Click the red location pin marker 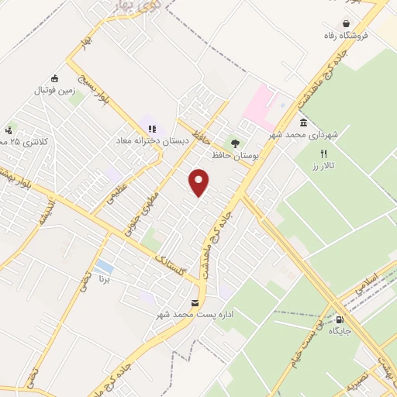coord(200,183)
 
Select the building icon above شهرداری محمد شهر coord(302,123)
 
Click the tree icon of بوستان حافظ coord(235,143)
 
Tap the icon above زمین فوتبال coord(54,78)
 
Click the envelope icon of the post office coord(194,302)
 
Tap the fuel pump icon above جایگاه coord(338,319)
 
